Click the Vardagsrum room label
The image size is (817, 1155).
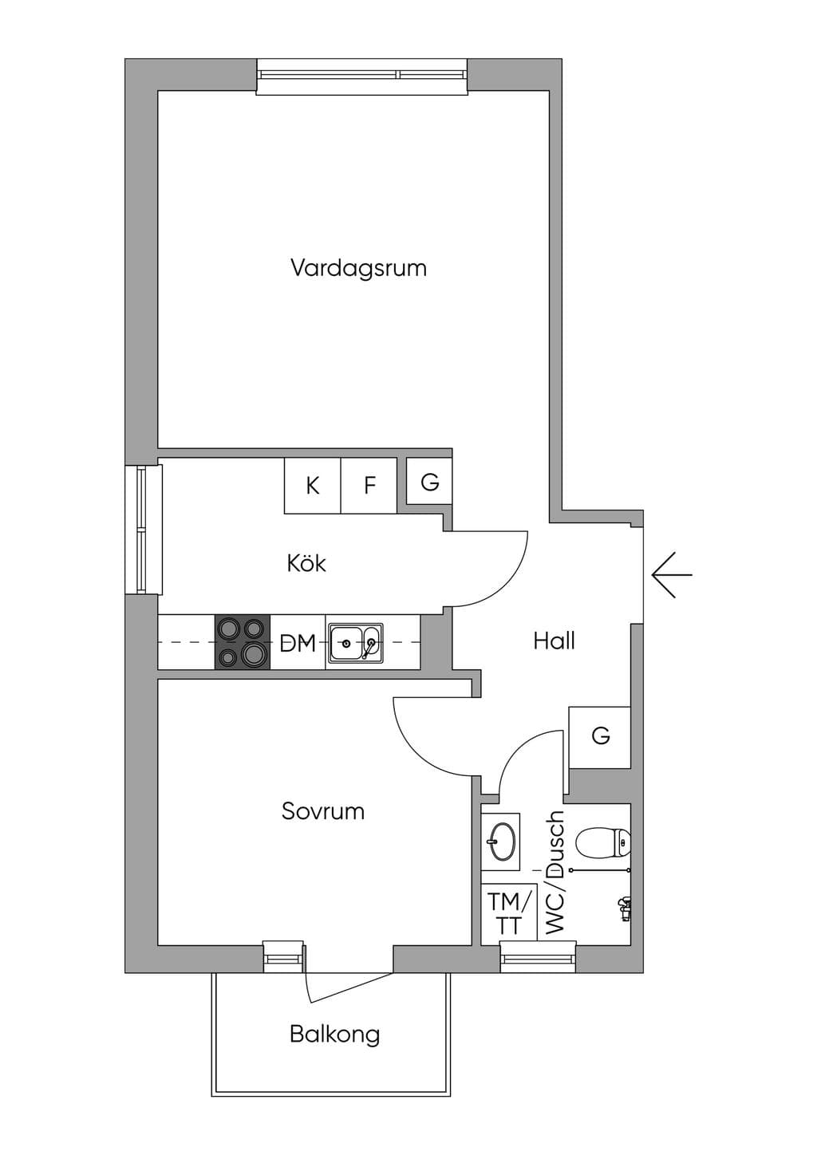(x=358, y=268)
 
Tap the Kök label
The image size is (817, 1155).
(x=306, y=563)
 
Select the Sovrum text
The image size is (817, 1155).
(x=323, y=811)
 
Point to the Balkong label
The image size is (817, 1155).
(x=335, y=1035)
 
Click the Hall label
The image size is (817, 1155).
(x=554, y=641)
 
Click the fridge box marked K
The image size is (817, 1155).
(x=313, y=485)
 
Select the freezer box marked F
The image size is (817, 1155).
(x=369, y=485)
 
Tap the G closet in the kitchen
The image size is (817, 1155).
(x=429, y=481)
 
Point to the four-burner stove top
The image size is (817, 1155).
(x=243, y=642)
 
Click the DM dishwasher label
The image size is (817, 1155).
(x=298, y=644)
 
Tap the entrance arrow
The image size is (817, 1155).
(x=672, y=575)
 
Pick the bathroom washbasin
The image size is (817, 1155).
(x=501, y=842)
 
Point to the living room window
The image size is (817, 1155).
(x=362, y=77)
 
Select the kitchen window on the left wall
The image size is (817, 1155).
(x=144, y=530)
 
